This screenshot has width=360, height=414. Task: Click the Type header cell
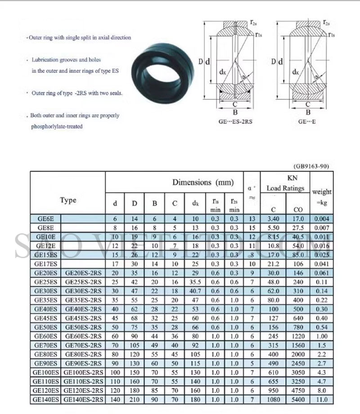[x=68, y=200]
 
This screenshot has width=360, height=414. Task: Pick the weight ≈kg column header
[x=321, y=197]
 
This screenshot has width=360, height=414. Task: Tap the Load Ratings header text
[x=285, y=188]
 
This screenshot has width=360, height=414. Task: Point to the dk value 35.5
[x=195, y=282]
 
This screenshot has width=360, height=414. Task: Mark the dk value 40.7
[x=195, y=291]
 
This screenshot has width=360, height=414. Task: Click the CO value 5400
[x=298, y=399]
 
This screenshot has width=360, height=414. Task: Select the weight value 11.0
[x=321, y=399]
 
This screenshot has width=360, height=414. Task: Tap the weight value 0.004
[x=321, y=219]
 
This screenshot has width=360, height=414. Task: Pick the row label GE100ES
[x=45, y=372]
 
